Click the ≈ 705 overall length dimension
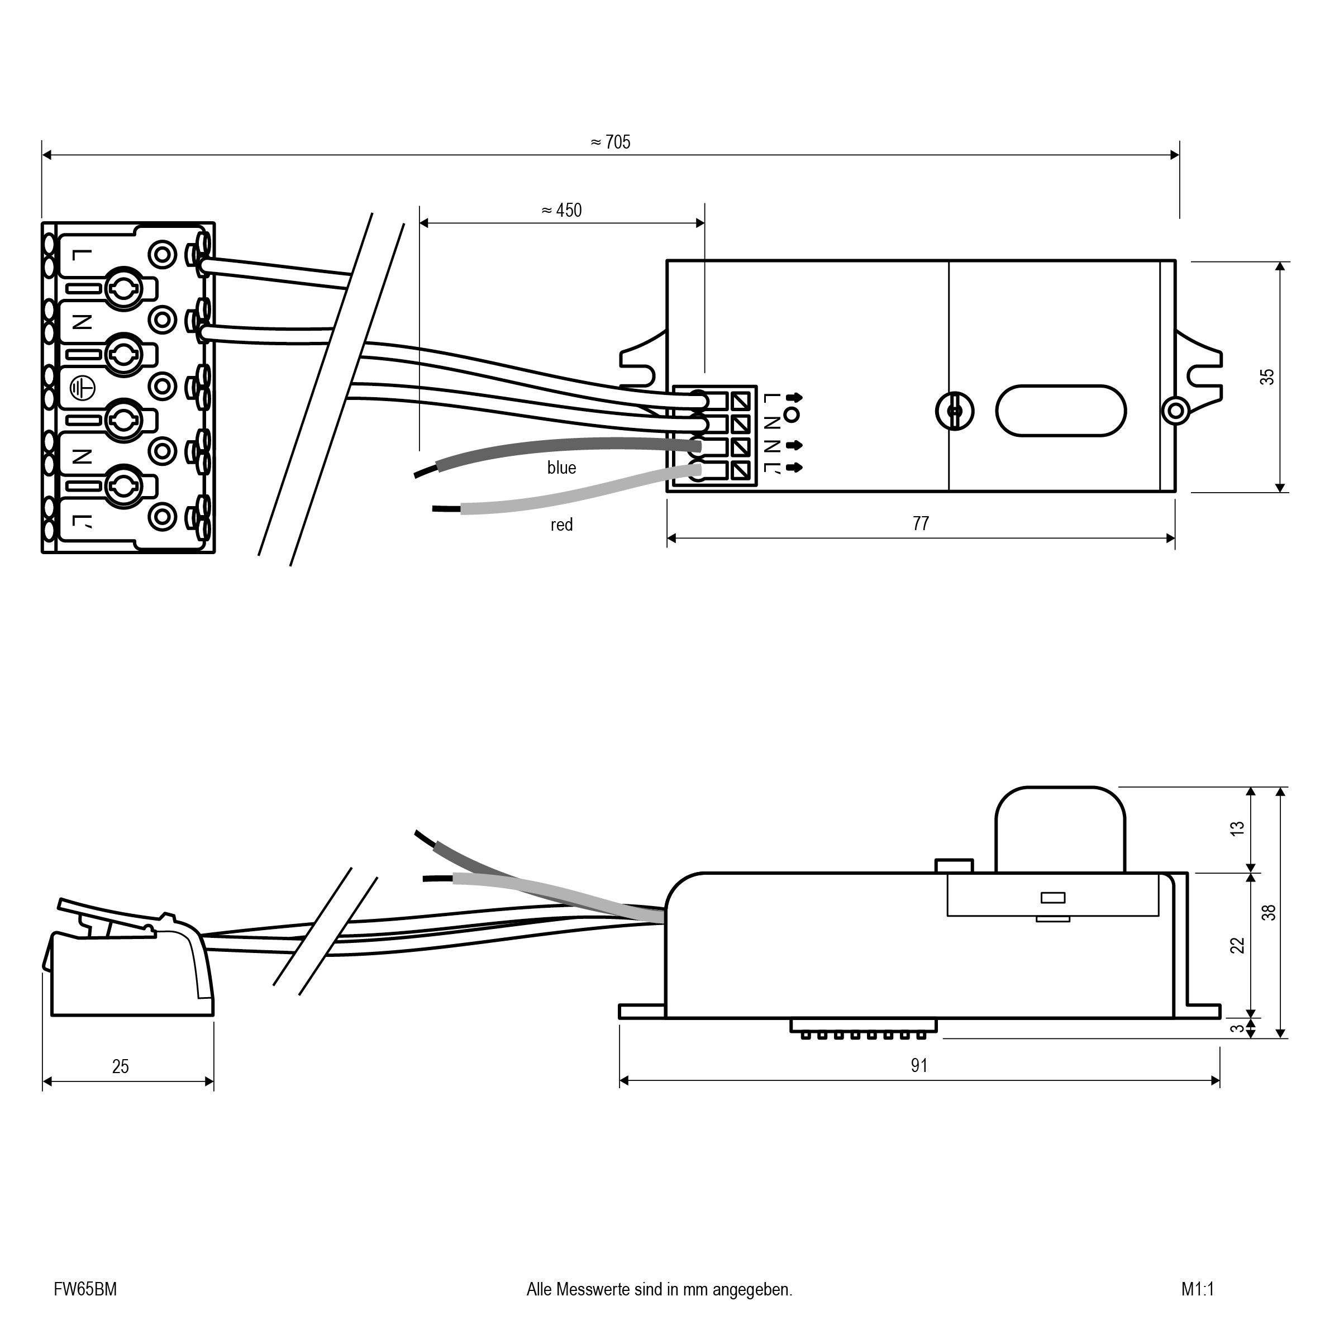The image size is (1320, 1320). click(x=610, y=142)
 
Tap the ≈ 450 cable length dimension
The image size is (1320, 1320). click(x=561, y=211)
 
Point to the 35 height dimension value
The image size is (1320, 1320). click(x=1267, y=377)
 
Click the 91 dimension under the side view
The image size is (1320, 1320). click(x=919, y=1065)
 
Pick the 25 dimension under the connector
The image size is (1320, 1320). click(x=120, y=1066)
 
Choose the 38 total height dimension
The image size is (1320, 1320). click(x=1269, y=912)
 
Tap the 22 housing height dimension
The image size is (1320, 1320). click(x=1237, y=946)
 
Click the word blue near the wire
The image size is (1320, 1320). click(x=561, y=468)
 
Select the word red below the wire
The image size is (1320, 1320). click(x=561, y=525)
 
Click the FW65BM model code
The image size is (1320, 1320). click(x=85, y=1289)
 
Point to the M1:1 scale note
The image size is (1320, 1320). click(x=1198, y=1289)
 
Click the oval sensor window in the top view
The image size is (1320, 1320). click(x=1061, y=411)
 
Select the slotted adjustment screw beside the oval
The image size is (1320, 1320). click(x=955, y=411)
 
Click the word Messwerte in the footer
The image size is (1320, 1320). click(x=594, y=1289)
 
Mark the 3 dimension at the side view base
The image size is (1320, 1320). click(x=1237, y=1028)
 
